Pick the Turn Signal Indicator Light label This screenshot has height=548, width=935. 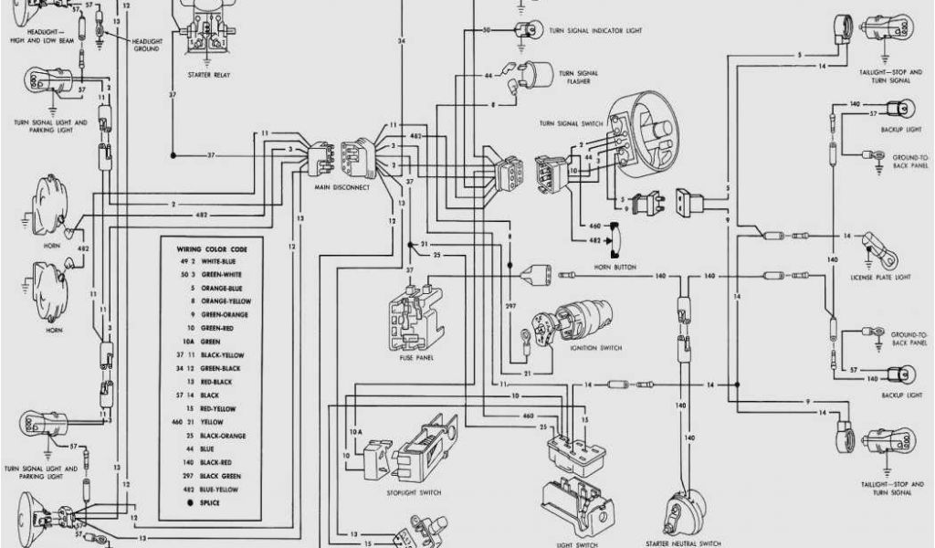tap(595, 30)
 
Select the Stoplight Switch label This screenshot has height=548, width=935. tap(420, 493)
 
